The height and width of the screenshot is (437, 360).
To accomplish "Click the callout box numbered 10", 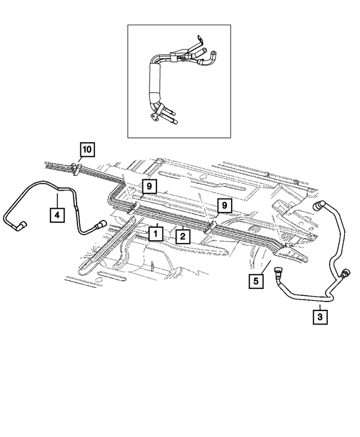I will pos(87,150).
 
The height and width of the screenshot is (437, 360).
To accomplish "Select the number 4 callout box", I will pos(57,214).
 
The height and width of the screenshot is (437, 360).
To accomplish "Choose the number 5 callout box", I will pos(256,280).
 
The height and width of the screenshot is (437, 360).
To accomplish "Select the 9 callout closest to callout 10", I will pos(150,187).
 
